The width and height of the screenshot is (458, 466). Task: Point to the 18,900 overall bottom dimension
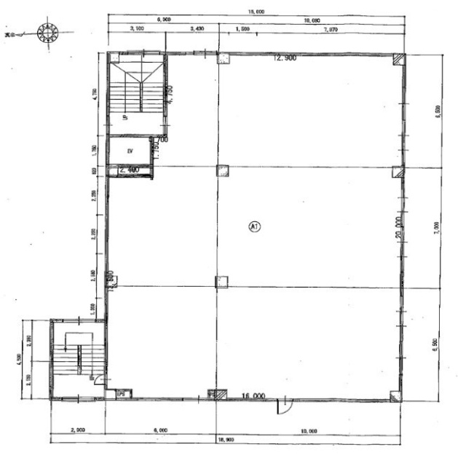pos(226,441)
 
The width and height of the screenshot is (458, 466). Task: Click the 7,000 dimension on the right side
pos(436,226)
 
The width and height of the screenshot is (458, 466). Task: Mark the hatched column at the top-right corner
pos(397,60)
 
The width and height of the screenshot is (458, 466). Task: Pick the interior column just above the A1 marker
pos(222,171)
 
